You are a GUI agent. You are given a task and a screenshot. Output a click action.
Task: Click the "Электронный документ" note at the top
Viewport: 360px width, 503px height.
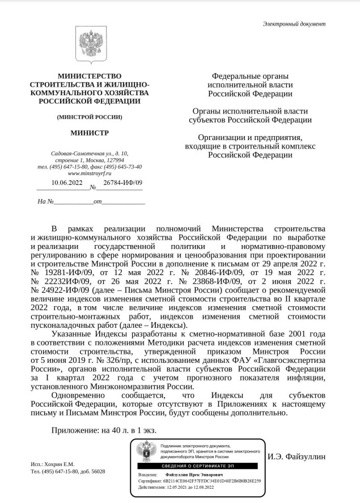[x=294, y=24]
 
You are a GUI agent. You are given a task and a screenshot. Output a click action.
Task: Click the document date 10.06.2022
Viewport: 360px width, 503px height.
[x=67, y=183]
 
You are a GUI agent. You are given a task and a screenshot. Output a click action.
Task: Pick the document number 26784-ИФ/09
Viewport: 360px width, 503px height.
[x=122, y=183]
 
